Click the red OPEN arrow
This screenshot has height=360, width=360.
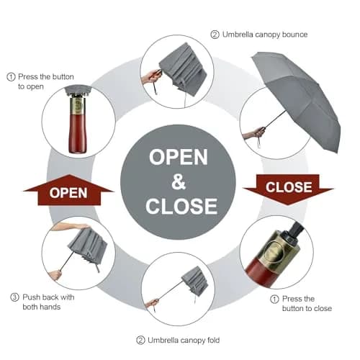[69, 191]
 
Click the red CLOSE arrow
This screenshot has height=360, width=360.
[288, 189]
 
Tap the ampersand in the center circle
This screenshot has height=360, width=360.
[179, 181]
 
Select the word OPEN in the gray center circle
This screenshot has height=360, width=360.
[179, 157]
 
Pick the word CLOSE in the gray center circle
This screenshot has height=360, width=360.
[181, 206]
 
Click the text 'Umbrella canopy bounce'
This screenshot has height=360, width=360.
[265, 35]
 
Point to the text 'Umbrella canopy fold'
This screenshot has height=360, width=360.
[184, 340]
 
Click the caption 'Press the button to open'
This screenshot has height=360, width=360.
[46, 81]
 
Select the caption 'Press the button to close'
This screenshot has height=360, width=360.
[307, 304]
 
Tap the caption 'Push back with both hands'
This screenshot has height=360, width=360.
[48, 302]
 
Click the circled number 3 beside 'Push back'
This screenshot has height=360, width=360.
[14, 297]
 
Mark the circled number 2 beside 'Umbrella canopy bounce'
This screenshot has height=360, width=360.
[215, 35]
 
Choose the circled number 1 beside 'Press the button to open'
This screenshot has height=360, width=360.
[11, 77]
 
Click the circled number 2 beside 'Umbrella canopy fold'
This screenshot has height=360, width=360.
[140, 341]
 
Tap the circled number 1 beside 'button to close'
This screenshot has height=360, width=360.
[274, 300]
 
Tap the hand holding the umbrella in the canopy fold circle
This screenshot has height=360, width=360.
[152, 303]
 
